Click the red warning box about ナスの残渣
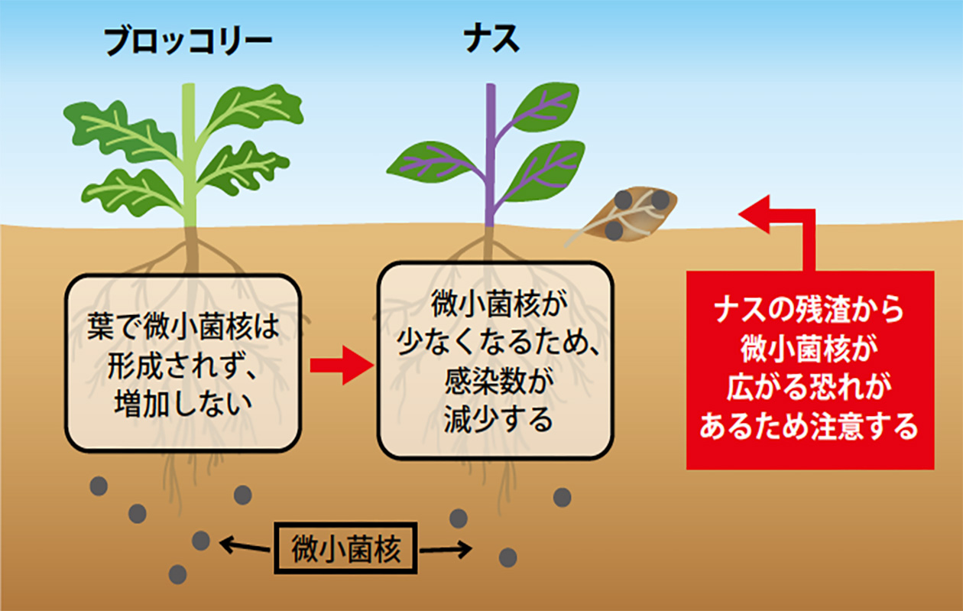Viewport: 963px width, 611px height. tap(809, 369)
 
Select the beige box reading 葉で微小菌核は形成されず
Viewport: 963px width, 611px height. tap(182, 362)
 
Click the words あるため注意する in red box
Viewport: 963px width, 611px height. tap(809, 426)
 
